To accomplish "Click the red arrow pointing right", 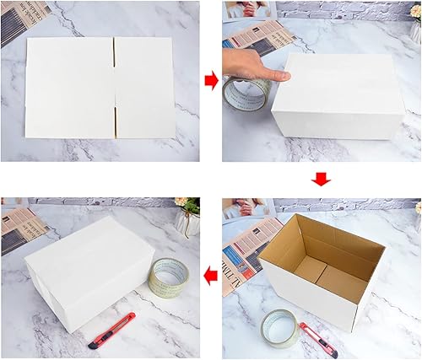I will point(210,81).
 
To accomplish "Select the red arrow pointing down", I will point(320,178).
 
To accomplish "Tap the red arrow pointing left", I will point(210,274).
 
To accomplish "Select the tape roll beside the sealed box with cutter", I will point(169,277).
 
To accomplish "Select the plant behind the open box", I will point(413,210).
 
